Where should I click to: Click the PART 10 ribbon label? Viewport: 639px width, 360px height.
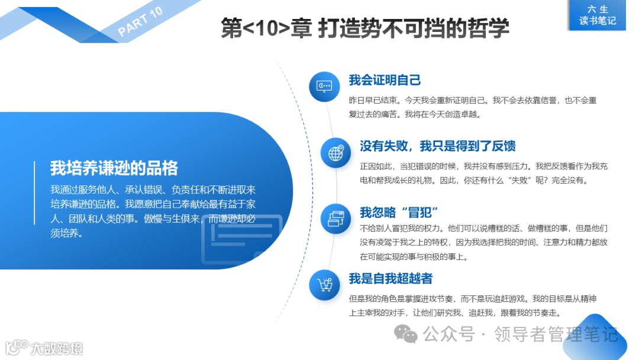tap(141, 22)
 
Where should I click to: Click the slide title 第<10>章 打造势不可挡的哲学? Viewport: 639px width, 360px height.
tap(365, 28)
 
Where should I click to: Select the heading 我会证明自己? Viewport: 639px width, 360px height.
tap(385, 80)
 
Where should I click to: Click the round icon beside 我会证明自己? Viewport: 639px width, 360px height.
tap(324, 86)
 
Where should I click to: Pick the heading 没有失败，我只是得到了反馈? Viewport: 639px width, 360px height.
tap(438, 146)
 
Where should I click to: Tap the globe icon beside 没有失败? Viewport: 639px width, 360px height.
tap(335, 153)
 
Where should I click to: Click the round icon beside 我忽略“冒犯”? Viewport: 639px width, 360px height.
tap(335, 218)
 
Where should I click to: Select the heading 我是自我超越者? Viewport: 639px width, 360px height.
tap(390, 278)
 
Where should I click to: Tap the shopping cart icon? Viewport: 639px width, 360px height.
tap(324, 285)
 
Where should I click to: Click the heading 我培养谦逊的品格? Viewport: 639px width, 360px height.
tap(114, 168)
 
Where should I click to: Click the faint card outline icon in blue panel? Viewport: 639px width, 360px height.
tap(242, 239)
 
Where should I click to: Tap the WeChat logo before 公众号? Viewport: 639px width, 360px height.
tap(406, 335)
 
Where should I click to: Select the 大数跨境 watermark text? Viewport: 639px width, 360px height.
tap(57, 348)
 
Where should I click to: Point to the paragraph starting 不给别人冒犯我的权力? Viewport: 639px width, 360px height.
tap(483, 242)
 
